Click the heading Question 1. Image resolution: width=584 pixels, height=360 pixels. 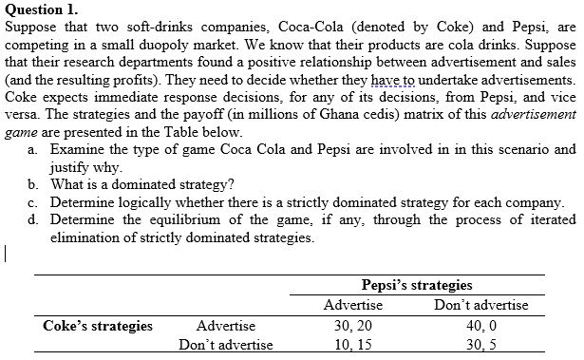click(40, 9)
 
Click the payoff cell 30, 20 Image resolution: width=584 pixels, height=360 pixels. click(353, 326)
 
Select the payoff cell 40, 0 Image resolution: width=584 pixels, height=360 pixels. click(480, 326)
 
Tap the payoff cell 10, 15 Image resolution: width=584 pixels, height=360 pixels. click(353, 344)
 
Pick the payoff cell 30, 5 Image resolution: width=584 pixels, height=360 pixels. click(480, 344)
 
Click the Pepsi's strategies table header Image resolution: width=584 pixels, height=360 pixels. click(417, 285)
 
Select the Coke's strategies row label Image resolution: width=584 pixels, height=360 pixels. click(98, 326)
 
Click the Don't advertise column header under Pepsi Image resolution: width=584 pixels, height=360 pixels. click(480, 305)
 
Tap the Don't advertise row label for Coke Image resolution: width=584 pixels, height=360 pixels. click(225, 344)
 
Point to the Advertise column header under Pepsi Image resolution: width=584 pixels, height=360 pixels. click(353, 305)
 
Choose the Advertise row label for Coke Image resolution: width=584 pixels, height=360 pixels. click(225, 326)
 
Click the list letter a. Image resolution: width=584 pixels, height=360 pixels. click(33, 150)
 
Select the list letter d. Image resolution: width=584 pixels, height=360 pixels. click(33, 219)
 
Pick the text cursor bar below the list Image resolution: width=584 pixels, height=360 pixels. click(6, 254)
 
